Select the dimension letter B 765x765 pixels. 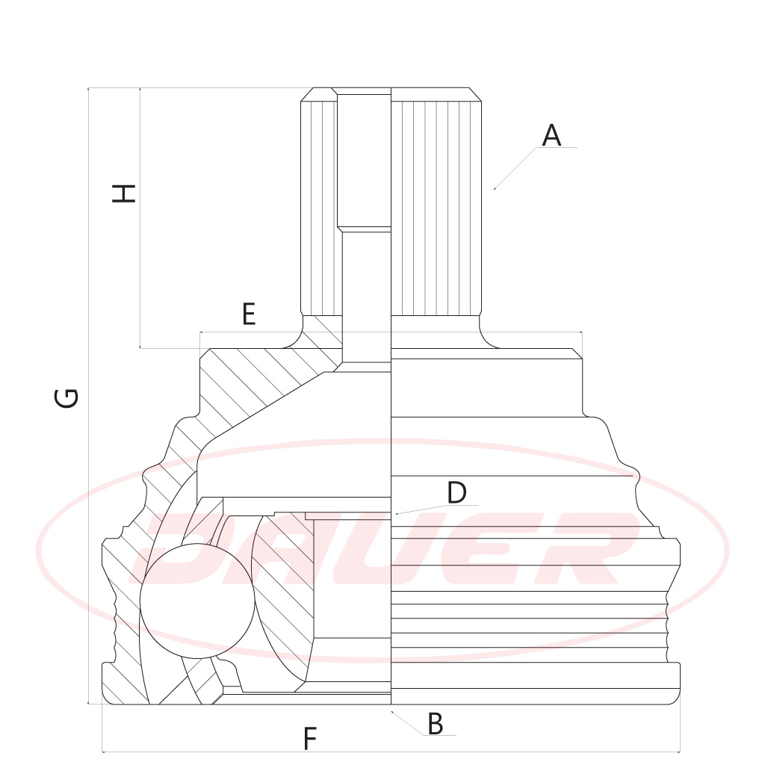(x=436, y=723)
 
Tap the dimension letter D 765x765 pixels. (x=456, y=493)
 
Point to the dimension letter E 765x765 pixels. (x=249, y=314)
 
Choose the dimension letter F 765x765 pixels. (x=310, y=738)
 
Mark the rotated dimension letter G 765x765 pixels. (x=66, y=397)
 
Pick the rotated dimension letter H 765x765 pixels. (x=123, y=193)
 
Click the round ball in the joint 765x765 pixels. (x=197, y=601)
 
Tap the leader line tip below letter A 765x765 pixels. (x=495, y=189)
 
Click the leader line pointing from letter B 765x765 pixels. (x=407, y=723)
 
